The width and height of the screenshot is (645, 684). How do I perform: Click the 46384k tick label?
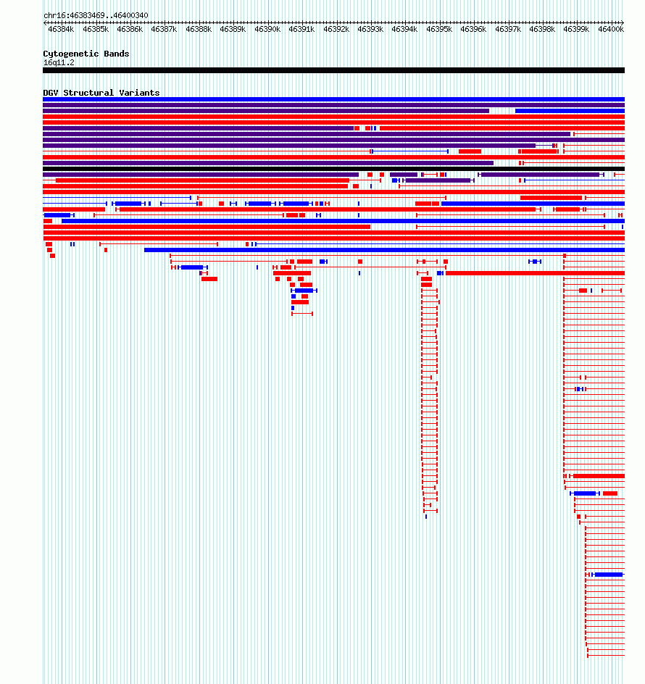tap(61, 29)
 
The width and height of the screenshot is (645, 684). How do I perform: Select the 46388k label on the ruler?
tap(199, 29)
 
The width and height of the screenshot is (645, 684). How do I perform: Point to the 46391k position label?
tap(301, 29)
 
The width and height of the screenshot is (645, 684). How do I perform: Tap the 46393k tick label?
tap(370, 29)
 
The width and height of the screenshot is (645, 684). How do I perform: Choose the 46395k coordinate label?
tap(439, 29)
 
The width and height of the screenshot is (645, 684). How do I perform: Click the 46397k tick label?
tap(508, 29)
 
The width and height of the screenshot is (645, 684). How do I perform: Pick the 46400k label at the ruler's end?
tap(611, 29)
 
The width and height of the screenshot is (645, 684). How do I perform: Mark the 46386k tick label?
tap(130, 29)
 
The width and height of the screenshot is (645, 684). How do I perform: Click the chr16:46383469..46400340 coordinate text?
tap(96, 16)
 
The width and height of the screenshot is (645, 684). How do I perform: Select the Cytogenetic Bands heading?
tap(86, 54)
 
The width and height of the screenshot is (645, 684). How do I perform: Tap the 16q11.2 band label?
tap(59, 63)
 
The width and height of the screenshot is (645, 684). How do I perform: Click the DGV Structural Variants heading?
tap(101, 93)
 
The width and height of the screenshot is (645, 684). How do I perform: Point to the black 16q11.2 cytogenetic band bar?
tap(334, 70)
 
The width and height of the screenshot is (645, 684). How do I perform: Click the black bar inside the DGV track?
tap(334, 169)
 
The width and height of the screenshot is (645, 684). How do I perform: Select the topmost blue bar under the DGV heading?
tap(334, 99)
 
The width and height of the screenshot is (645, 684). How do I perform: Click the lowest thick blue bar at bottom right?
tap(609, 575)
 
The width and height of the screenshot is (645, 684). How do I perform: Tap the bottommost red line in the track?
tap(606, 655)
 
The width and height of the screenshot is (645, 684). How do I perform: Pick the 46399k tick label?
tap(576, 29)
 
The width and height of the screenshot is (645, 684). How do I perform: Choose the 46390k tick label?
tap(267, 29)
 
